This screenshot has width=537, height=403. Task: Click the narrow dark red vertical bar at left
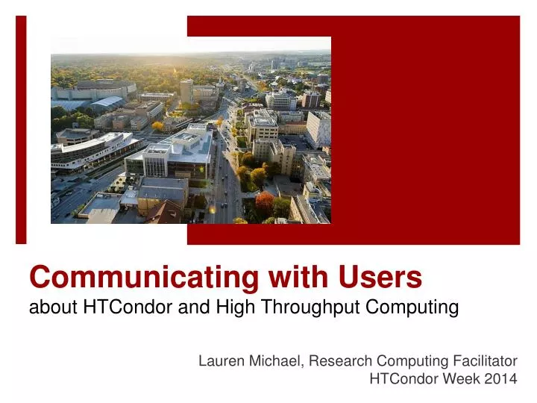click(x=21, y=130)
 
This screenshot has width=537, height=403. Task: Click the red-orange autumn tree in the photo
click(x=264, y=200)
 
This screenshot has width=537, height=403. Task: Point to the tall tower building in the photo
click(x=186, y=91)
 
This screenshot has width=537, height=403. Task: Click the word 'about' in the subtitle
click(x=47, y=306)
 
